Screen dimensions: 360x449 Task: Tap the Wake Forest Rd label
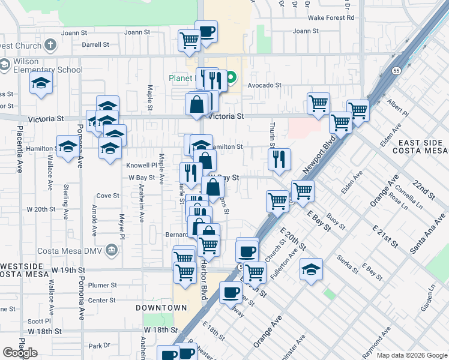[332, 18]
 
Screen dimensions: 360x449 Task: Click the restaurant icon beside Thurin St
[279, 159]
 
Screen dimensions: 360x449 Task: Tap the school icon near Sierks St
[311, 269]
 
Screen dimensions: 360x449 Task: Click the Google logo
[20, 353]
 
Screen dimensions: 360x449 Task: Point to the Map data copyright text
[412, 355]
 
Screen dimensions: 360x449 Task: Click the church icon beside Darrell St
[50, 44]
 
